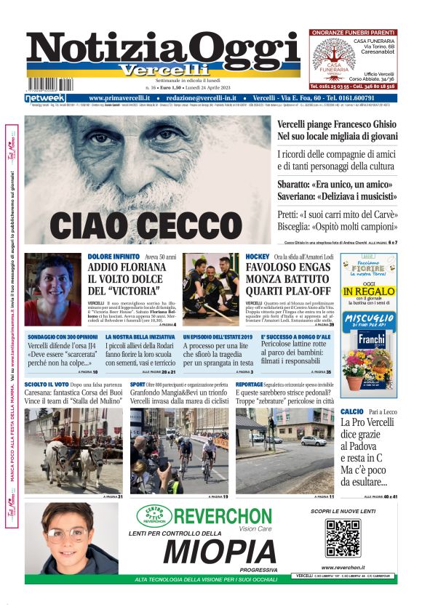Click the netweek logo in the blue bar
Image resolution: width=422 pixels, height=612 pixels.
[x=45, y=98]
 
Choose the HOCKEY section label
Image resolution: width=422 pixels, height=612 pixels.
[x=257, y=257]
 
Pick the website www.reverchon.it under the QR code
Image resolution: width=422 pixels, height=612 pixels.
[x=343, y=568]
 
